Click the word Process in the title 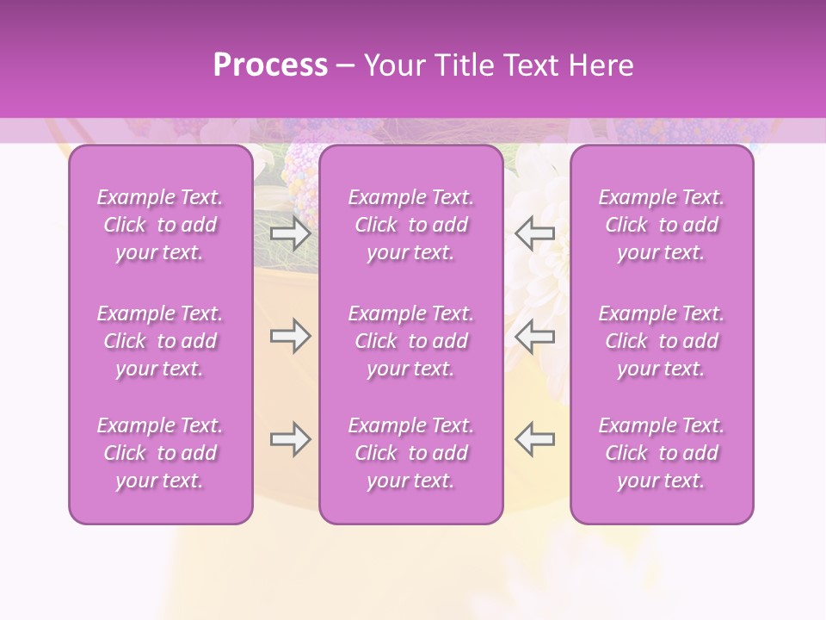point(270,65)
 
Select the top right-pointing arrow point(291,233)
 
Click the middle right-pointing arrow point(291,336)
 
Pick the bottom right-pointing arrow point(291,440)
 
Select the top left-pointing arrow point(534,233)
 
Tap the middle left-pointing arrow point(534,336)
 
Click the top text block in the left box point(160,225)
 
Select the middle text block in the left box point(160,341)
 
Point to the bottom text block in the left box point(160,453)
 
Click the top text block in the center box point(410,225)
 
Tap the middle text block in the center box point(410,341)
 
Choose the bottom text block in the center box point(410,453)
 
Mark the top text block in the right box point(662,225)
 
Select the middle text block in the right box point(662,341)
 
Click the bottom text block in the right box point(662,453)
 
